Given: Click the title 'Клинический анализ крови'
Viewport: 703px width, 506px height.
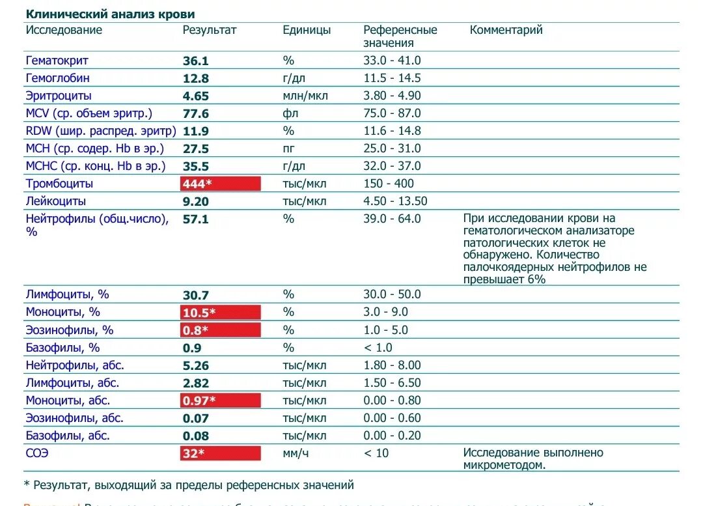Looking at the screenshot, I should (x=110, y=14).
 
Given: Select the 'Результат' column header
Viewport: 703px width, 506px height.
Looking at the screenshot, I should (x=210, y=30).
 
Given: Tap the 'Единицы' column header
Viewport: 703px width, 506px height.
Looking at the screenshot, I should (x=307, y=30).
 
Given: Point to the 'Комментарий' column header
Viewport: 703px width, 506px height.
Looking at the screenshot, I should (x=506, y=30).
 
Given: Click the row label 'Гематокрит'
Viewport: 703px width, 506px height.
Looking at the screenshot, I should (x=57, y=61).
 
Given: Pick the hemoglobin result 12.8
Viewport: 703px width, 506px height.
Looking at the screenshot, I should (x=196, y=78).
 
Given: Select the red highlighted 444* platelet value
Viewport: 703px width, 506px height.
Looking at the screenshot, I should (x=221, y=184).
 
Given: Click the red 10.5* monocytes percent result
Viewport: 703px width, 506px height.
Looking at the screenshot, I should (x=221, y=312).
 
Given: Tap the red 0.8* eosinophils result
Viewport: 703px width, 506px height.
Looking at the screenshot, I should (x=221, y=330).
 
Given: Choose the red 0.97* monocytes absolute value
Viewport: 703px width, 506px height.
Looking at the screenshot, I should (x=221, y=401).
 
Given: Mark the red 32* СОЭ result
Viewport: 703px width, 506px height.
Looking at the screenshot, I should (x=221, y=453).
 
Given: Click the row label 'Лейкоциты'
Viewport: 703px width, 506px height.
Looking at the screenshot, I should (x=56, y=201).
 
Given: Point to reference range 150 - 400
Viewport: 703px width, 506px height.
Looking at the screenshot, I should (x=389, y=184).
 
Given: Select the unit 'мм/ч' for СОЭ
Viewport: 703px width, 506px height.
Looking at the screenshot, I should (x=296, y=453).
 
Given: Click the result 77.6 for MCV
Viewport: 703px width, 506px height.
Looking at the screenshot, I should (x=196, y=113).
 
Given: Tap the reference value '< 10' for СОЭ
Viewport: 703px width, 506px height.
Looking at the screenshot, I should (x=376, y=453).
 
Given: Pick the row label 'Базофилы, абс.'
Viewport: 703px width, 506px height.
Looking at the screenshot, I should (x=68, y=436).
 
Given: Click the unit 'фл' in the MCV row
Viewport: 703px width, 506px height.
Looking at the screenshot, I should (x=289, y=113).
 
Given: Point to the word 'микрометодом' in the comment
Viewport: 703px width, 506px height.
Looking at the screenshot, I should (x=503, y=465).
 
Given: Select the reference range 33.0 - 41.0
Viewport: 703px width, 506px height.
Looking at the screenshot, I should (x=392, y=61).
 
